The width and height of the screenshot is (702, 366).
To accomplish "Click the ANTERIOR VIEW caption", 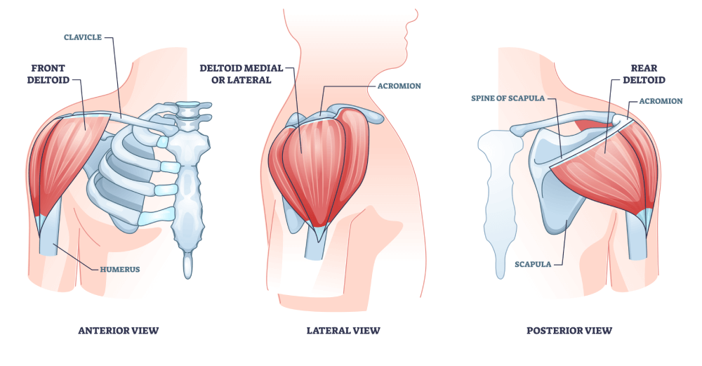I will pos(119,330).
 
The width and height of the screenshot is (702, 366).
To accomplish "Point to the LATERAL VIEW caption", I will pos(343,330).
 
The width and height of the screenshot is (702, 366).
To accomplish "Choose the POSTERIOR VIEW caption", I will pos(569,330).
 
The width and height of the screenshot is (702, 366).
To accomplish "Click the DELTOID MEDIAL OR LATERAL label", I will pos(241,74).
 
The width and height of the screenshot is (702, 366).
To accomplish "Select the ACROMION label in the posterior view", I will pos(661,101).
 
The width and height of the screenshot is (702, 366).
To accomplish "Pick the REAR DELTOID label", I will pos(643,74).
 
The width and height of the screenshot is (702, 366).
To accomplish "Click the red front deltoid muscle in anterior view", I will pos(67,158).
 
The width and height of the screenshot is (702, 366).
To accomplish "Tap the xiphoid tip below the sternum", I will pos(187,266).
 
